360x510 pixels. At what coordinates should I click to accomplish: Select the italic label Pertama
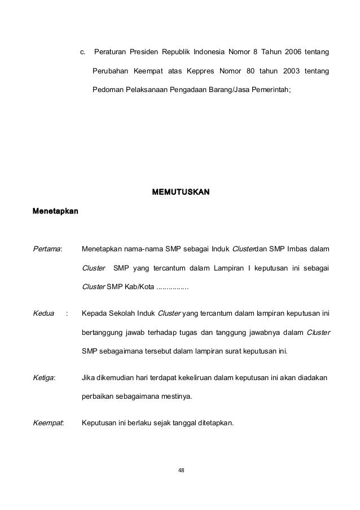(x=48, y=248)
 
